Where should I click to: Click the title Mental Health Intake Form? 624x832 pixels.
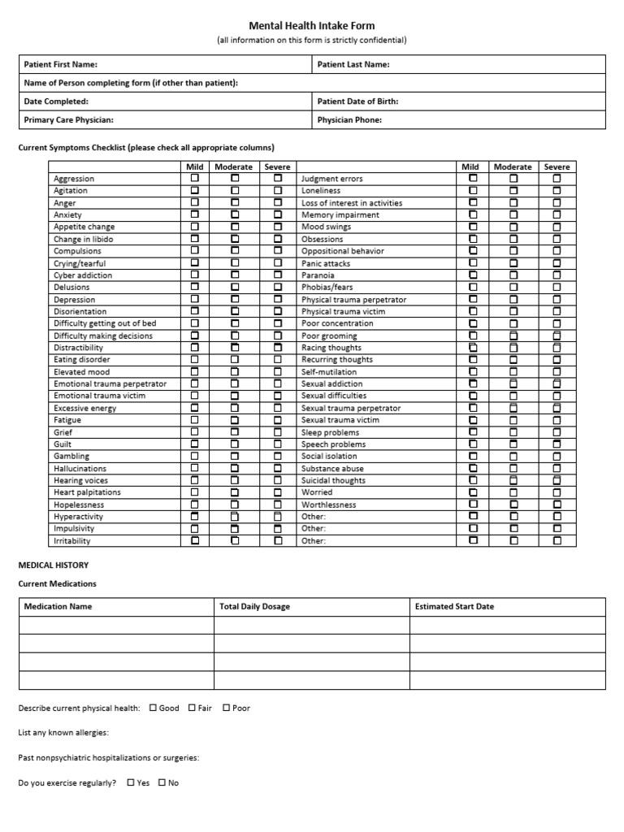tap(312, 26)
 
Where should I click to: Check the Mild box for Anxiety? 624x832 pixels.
tap(195, 214)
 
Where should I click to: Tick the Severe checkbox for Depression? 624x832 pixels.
tap(278, 299)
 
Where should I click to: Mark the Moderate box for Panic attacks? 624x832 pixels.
tap(513, 263)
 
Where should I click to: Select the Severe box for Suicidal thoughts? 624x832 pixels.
tap(557, 480)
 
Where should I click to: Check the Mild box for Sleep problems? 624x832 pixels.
tap(473, 432)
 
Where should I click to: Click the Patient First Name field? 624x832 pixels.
tap(203, 64)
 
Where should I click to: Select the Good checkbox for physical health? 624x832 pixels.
tap(154, 708)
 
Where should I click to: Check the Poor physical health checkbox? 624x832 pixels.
tap(227, 708)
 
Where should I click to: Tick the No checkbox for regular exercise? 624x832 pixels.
tap(162, 782)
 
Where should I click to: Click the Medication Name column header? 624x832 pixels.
tap(58, 606)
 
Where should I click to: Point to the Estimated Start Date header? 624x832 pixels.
tap(454, 606)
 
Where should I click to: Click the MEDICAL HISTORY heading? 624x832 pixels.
tap(54, 565)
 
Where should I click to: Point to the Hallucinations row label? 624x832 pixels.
tap(80, 469)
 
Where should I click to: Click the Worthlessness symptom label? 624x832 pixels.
tap(328, 505)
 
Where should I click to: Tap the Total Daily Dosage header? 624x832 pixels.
tap(254, 606)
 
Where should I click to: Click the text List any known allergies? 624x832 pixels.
tap(63, 733)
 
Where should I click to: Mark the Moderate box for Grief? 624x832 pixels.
tap(235, 432)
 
